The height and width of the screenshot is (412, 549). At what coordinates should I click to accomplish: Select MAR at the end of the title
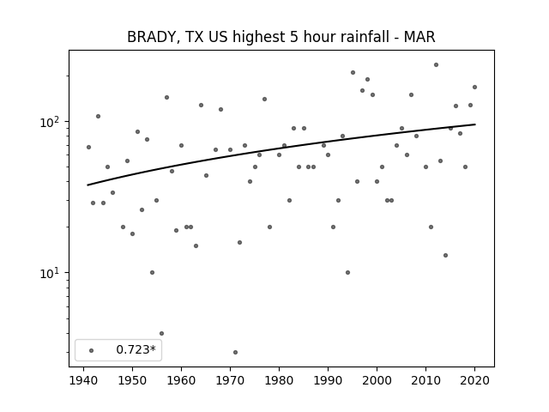click(x=419, y=37)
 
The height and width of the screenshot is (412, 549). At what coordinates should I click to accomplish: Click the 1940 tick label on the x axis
click(x=84, y=380)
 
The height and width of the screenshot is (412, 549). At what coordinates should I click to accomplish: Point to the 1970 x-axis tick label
click(x=230, y=380)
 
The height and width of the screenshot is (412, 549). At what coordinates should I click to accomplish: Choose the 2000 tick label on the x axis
click(x=377, y=380)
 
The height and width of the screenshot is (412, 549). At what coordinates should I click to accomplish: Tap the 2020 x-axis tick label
click(x=474, y=380)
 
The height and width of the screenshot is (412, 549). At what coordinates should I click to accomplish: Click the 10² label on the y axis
click(x=50, y=122)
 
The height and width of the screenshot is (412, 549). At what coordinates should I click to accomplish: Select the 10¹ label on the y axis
click(x=50, y=273)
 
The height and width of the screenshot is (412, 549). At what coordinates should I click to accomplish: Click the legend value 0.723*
click(x=136, y=349)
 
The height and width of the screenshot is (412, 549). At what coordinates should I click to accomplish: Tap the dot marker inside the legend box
click(x=92, y=350)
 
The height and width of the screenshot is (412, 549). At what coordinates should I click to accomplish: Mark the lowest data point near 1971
click(x=235, y=352)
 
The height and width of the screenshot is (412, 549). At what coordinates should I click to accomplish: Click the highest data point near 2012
click(x=436, y=65)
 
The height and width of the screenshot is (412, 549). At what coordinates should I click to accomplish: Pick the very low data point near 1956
click(x=161, y=333)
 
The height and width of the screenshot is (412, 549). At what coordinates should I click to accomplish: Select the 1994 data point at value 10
click(x=347, y=273)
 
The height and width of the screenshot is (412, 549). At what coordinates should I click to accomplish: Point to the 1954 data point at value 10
click(x=152, y=273)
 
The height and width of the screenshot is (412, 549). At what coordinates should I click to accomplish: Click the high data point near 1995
click(x=353, y=72)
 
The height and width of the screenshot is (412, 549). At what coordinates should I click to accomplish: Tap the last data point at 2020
click(x=474, y=88)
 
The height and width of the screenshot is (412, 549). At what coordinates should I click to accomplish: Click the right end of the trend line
click(x=474, y=124)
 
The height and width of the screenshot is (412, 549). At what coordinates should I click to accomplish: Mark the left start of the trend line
click(x=87, y=185)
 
